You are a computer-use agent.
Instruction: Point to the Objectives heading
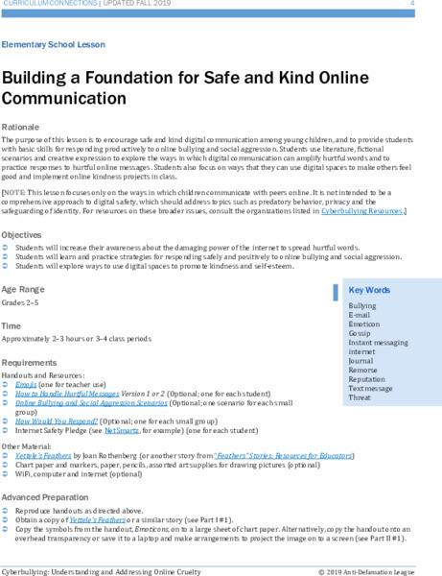point(22,234)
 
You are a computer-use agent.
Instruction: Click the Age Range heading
point(24,289)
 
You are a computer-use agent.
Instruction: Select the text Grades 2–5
point(21,301)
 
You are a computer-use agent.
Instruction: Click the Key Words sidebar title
point(369,290)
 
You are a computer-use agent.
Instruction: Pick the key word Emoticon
point(365,324)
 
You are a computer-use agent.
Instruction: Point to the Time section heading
point(12,326)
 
